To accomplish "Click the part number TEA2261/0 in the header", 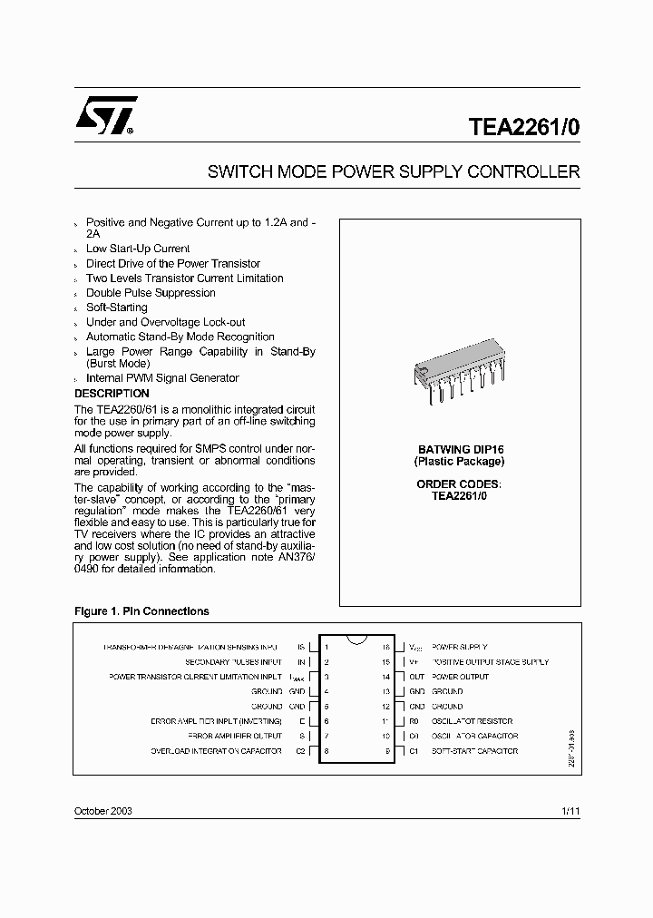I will pyautogui.click(x=523, y=127).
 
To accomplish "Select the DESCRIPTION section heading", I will pyautogui.click(x=112, y=394).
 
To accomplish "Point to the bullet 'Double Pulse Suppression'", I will pyautogui.click(x=151, y=293).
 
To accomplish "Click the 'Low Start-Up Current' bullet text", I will pyautogui.click(x=138, y=249).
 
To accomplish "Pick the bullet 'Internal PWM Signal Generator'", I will pyautogui.click(x=162, y=378).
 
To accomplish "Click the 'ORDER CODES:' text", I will pyautogui.click(x=458, y=484).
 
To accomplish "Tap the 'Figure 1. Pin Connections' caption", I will pyautogui.click(x=141, y=611).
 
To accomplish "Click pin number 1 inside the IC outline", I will pyautogui.click(x=326, y=648).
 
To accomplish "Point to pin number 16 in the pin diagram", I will pyautogui.click(x=385, y=648).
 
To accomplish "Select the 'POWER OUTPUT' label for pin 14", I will pyautogui.click(x=460, y=677).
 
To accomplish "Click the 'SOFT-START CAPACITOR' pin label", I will pyautogui.click(x=474, y=751).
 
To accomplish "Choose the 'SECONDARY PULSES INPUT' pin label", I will pyautogui.click(x=233, y=662).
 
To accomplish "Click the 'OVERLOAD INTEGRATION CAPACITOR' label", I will pyautogui.click(x=216, y=751).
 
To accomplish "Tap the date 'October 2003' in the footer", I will pyautogui.click(x=102, y=810).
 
